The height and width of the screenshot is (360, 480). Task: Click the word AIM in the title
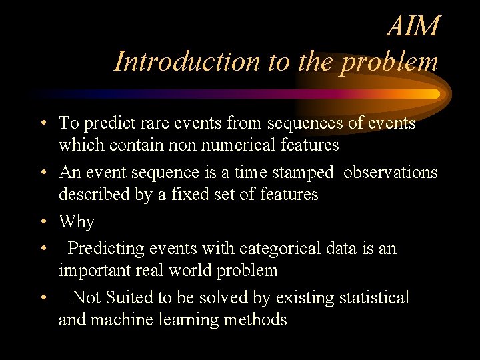click(413, 27)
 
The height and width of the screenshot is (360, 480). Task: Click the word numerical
click(258, 145)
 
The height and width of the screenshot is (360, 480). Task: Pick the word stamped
click(305, 173)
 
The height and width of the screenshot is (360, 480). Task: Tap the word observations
click(391, 173)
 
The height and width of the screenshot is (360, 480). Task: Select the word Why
click(77, 222)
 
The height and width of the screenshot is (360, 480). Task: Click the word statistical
click(374, 298)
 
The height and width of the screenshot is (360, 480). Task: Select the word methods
click(255, 319)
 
